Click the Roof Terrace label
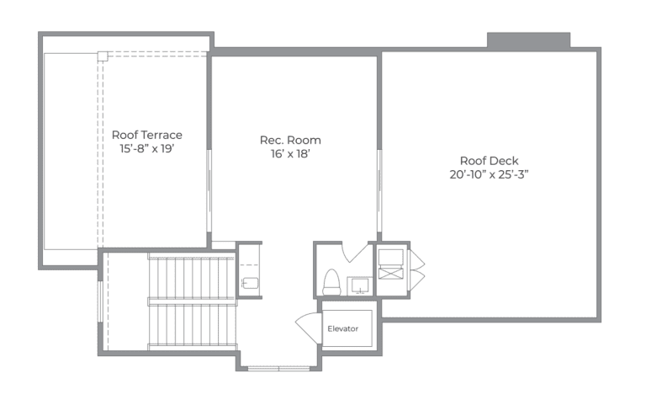pos(146,134)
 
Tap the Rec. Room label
pos(290,140)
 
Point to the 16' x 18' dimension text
pos(290,154)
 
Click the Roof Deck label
pos(489,160)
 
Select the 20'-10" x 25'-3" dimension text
pos(489,174)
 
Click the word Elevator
pos(343,328)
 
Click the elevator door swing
pos(309,328)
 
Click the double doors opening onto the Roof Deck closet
pos(416,269)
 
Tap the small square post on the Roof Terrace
pos(102,56)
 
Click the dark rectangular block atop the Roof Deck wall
pos(528,40)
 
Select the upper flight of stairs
pos(191,276)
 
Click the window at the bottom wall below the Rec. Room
pos(278,367)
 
